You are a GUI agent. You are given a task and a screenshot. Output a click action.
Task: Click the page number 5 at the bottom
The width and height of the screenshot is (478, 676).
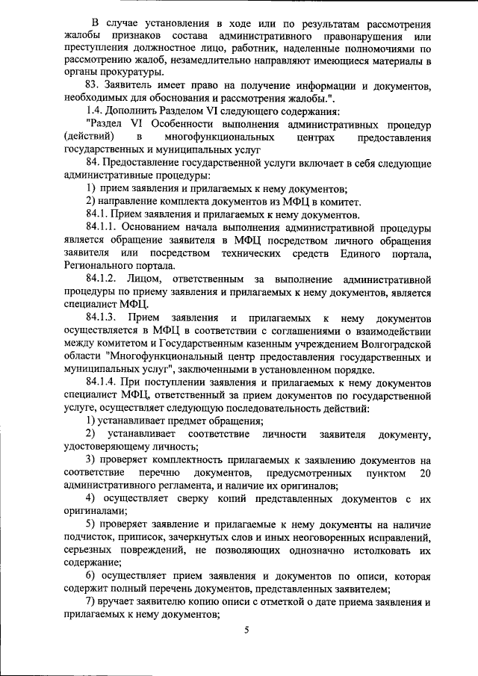pyautogui.click(x=247, y=631)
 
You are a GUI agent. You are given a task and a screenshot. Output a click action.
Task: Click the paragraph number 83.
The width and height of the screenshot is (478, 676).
pyautogui.click(x=93, y=86)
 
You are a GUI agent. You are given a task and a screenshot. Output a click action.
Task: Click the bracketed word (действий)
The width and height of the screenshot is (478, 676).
pyautogui.click(x=90, y=137)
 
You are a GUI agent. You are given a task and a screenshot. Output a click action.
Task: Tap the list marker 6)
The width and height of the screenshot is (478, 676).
pyautogui.click(x=90, y=576)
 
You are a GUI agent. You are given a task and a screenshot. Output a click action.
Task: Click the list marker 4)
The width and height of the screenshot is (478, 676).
pyautogui.click(x=90, y=498)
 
